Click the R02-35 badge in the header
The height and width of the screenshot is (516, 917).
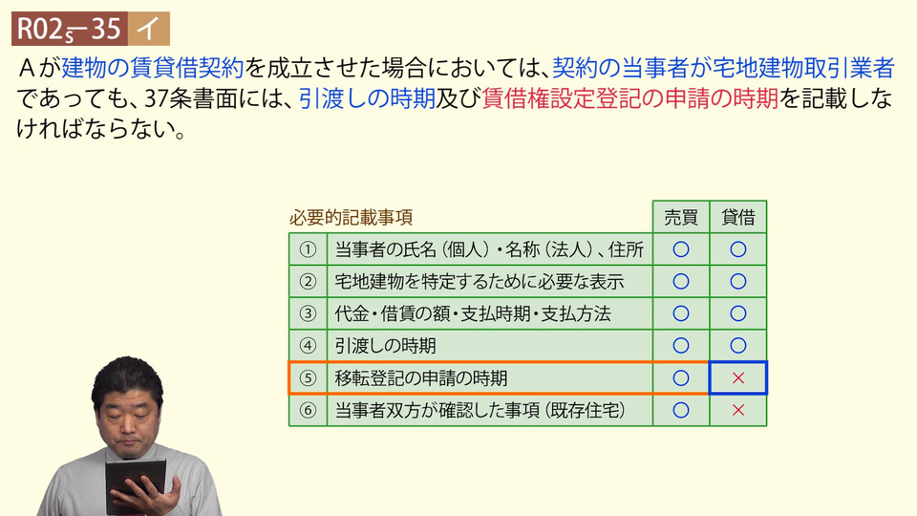[x=70, y=29]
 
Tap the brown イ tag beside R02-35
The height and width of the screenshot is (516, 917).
[x=149, y=29]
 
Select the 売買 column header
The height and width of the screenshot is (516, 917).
[x=681, y=217]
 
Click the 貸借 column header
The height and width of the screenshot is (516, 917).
[x=738, y=217]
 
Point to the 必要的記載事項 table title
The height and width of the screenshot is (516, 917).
[x=351, y=218]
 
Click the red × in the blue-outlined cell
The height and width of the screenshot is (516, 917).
[x=738, y=378]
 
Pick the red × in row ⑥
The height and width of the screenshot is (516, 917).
[x=738, y=410]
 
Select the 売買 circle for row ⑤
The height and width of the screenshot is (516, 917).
[x=681, y=378]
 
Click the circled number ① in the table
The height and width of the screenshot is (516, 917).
[x=308, y=249]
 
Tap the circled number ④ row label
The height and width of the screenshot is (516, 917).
[x=308, y=346]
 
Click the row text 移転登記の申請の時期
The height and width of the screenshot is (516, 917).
[x=421, y=378]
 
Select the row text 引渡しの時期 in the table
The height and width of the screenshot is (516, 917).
[x=385, y=346]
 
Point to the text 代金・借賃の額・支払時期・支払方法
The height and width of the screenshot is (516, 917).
[x=473, y=314]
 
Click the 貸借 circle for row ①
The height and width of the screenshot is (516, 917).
[x=738, y=249]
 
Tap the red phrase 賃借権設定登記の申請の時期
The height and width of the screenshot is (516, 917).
[x=630, y=98]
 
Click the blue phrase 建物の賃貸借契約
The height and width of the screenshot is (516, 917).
[x=153, y=68]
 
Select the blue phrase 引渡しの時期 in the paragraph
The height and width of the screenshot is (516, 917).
[x=367, y=98]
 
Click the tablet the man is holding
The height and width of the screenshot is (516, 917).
[x=135, y=484]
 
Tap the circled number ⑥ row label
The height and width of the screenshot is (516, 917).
[x=308, y=410]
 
